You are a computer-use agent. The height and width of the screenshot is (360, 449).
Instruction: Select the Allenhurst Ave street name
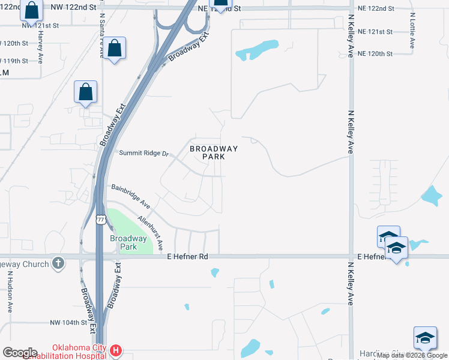click(x=151, y=233)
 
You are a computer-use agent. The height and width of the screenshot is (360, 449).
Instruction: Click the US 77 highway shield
click(x=101, y=219)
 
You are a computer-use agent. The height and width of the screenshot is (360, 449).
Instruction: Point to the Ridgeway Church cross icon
click(x=58, y=263)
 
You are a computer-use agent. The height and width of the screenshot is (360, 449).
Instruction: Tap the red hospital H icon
click(x=117, y=350)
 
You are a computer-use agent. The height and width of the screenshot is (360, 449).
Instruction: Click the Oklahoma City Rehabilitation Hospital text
click(x=79, y=352)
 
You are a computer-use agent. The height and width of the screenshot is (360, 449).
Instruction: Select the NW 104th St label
click(x=69, y=322)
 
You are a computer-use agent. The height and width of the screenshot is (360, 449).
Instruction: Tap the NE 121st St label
click(x=375, y=31)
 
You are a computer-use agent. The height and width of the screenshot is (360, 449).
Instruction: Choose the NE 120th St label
click(x=375, y=53)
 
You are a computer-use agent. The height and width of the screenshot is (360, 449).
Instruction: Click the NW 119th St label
click(x=24, y=61)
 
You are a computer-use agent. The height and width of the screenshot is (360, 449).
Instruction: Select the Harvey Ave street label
click(x=41, y=48)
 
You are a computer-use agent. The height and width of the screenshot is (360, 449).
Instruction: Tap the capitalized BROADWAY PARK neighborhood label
click(x=214, y=152)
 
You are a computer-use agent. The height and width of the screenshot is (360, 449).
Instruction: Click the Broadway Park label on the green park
click(x=128, y=242)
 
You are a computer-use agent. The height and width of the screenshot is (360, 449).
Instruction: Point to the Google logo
click(x=20, y=353)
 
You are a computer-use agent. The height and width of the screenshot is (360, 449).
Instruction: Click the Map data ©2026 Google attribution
click(x=412, y=355)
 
